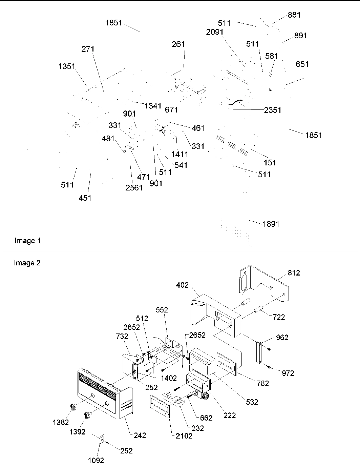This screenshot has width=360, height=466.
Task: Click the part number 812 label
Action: (x=294, y=273)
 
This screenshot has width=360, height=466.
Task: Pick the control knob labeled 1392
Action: (x=88, y=414)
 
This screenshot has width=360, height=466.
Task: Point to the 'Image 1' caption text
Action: (x=27, y=241)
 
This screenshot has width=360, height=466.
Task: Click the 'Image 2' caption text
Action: (x=27, y=263)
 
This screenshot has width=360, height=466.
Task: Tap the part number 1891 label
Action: (x=271, y=224)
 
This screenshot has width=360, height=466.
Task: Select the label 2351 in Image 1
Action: (x=273, y=110)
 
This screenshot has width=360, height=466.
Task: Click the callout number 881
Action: (x=294, y=15)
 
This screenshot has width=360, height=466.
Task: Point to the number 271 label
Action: (x=88, y=49)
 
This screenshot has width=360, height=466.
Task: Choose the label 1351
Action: (x=66, y=66)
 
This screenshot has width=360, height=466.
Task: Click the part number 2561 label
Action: (x=134, y=187)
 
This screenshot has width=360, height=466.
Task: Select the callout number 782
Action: (x=263, y=383)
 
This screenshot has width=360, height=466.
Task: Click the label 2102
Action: (x=184, y=436)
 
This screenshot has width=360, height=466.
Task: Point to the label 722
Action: (x=279, y=317)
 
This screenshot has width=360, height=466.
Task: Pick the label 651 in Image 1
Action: (x=302, y=64)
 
